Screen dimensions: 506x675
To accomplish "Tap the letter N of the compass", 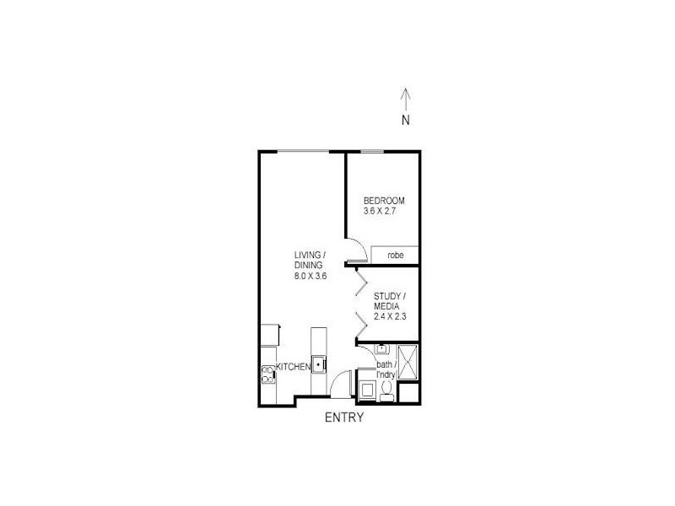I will [x=406, y=120].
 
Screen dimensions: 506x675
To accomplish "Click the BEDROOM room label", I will [x=384, y=201].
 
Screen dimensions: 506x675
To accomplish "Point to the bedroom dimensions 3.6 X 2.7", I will [x=380, y=211].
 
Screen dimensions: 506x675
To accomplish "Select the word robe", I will [x=395, y=255].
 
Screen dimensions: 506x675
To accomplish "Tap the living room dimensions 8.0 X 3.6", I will [x=310, y=276].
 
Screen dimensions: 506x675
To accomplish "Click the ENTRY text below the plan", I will [x=344, y=417].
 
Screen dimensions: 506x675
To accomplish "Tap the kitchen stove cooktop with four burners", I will [x=268, y=374].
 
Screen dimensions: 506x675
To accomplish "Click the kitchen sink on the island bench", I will [x=319, y=365].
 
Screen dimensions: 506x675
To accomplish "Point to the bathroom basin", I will [x=381, y=347].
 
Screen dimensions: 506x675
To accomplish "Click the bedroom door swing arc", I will [x=358, y=250].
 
